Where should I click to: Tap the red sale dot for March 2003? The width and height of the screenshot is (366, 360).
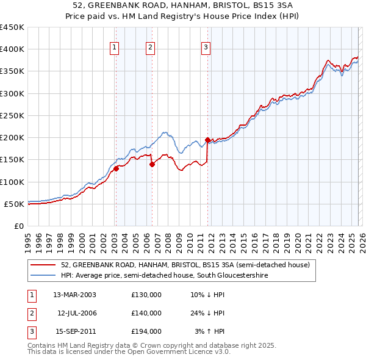(116, 168)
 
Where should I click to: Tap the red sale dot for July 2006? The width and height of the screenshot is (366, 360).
(152, 164)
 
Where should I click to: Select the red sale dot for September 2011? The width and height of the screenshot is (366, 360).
(207, 140)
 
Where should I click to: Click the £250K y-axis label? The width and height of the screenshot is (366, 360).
(12, 115)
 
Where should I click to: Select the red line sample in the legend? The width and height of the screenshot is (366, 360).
(43, 265)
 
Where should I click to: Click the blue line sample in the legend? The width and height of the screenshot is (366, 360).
(43, 276)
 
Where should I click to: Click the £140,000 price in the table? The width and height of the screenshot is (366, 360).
(146, 313)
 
